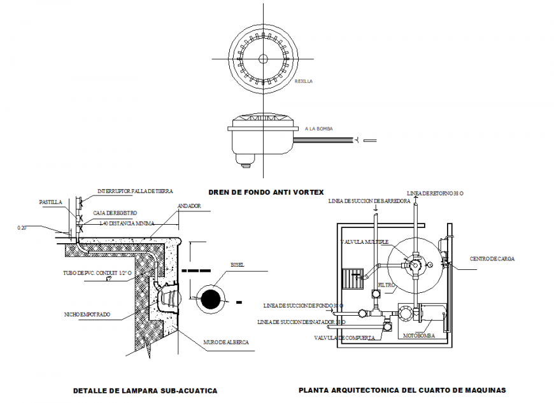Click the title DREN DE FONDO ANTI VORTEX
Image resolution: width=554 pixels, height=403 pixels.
[266, 192]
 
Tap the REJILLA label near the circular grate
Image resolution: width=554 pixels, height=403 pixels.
[304, 81]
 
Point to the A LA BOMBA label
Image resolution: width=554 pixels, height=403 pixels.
[319, 129]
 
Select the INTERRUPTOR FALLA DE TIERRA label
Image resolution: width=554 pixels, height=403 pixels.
[135, 190]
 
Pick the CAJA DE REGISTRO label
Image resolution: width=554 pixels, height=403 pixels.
[115, 213]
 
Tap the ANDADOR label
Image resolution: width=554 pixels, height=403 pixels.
[189, 206]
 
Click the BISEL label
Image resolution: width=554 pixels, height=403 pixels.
[237, 265]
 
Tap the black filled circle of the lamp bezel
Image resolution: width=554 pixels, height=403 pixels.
[210, 298]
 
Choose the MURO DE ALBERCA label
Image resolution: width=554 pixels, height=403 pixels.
[226, 343]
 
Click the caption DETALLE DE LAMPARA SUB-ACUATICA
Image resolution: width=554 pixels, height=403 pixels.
[145, 390]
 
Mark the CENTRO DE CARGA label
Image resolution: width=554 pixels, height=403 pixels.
[492, 259]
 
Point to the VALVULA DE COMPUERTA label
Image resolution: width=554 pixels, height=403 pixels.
[344, 337]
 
